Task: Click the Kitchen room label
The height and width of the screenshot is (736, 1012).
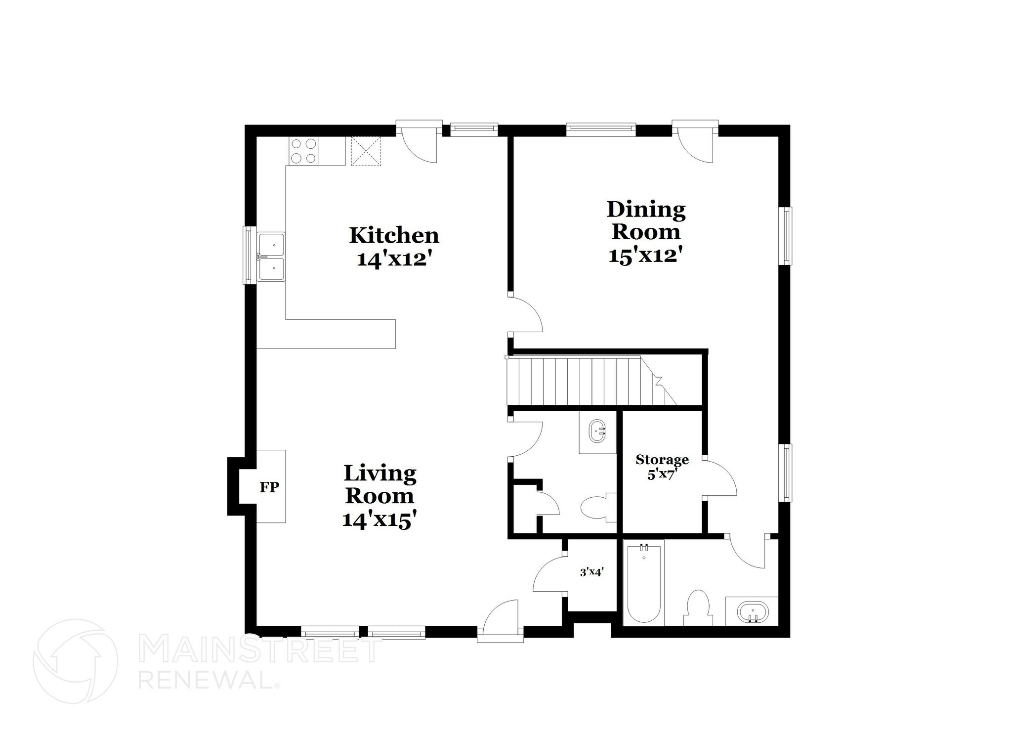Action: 394,236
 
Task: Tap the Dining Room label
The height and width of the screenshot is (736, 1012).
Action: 646,220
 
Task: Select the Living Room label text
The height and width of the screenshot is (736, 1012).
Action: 379,484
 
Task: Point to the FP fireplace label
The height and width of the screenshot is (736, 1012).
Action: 270,487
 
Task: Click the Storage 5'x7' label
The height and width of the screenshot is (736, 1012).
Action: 662,467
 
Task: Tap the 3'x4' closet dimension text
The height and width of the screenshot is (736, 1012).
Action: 591,572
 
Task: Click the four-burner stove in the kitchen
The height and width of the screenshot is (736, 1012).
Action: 303,151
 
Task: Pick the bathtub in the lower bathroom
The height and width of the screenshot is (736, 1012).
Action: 643,583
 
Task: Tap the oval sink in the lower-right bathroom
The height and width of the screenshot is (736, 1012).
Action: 752,612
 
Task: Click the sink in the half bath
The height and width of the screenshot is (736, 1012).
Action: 598,432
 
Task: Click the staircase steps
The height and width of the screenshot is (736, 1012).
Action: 583,381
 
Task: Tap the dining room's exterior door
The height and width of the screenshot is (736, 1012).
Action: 696,142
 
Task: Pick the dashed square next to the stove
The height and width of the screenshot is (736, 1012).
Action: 366,151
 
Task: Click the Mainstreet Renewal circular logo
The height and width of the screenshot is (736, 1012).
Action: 76,661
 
